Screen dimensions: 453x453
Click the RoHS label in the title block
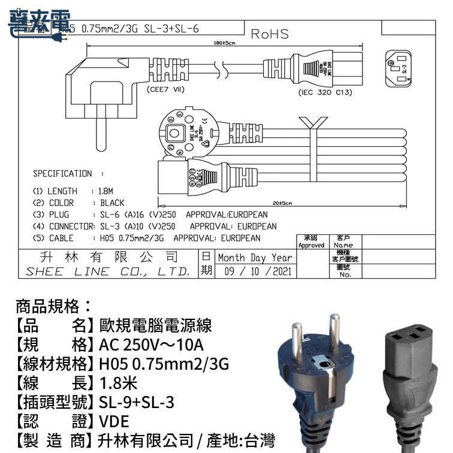click(270, 34)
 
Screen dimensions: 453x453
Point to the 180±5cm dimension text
click(224, 43)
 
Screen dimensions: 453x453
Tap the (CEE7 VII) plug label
click(165, 89)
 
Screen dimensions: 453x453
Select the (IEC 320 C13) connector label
click(325, 93)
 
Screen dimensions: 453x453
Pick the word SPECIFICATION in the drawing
click(62, 174)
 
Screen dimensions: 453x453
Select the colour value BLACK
click(112, 203)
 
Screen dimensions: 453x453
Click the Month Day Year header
click(255, 257)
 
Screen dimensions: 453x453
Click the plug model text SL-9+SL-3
click(137, 401)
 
